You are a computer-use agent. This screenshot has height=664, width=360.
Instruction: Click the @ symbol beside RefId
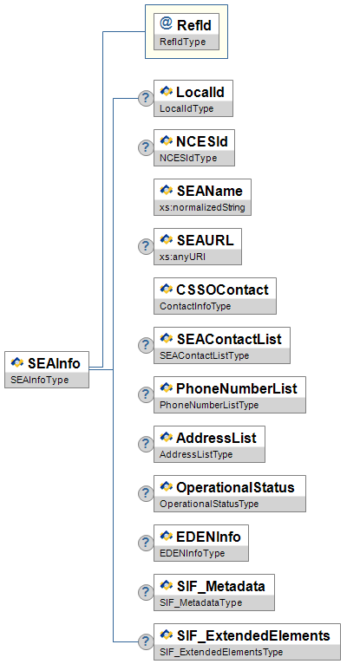[x=166, y=23]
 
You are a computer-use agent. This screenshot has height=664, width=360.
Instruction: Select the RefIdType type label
[x=182, y=42]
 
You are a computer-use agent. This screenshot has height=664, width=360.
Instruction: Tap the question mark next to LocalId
[x=146, y=98]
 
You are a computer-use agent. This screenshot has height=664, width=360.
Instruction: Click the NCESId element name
[x=202, y=141]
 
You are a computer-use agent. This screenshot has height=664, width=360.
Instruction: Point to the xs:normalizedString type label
[x=202, y=207]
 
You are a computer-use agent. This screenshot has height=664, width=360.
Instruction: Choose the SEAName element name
[x=210, y=191]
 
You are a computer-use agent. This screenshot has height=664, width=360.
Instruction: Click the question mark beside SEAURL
[x=146, y=246]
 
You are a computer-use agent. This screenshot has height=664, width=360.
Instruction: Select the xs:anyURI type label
[x=182, y=257]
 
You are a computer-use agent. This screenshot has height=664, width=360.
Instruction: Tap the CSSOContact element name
[x=222, y=290]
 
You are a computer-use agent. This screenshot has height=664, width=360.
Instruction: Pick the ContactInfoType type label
[x=195, y=306]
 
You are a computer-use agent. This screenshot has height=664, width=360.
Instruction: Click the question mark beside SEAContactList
[x=146, y=345]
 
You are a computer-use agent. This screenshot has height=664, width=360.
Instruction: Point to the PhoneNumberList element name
[x=237, y=388]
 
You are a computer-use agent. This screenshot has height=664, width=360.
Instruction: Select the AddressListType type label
[x=196, y=454]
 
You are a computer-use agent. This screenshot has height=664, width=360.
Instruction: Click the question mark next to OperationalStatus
[x=146, y=493]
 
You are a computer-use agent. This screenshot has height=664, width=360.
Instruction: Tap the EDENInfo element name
[x=208, y=537]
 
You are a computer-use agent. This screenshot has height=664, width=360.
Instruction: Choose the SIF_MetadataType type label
[x=200, y=602]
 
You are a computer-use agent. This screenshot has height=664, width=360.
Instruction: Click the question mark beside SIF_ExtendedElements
[x=146, y=641]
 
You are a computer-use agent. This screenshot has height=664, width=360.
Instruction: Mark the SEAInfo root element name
[x=54, y=363]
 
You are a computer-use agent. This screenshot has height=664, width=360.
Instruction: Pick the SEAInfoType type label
[x=39, y=380]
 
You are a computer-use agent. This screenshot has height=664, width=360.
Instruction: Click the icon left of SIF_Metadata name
[x=167, y=585]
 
